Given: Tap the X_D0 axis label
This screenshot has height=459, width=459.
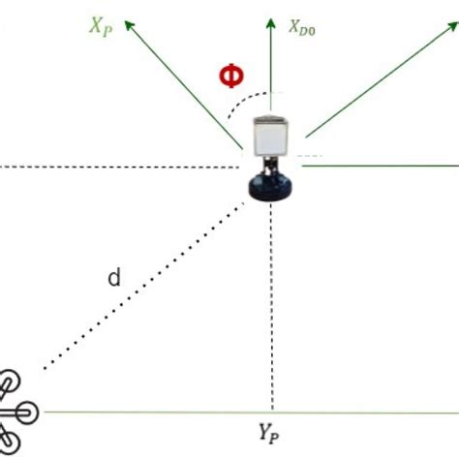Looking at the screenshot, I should (x=303, y=28).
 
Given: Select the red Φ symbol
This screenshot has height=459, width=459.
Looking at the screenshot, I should (x=230, y=76).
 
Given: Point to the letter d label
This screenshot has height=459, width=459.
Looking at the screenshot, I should (x=114, y=280).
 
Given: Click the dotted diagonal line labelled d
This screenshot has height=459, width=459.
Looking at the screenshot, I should (x=145, y=281).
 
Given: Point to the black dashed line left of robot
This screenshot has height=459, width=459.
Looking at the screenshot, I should (x=116, y=168).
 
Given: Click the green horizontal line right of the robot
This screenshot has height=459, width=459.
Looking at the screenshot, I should (x=387, y=165).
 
